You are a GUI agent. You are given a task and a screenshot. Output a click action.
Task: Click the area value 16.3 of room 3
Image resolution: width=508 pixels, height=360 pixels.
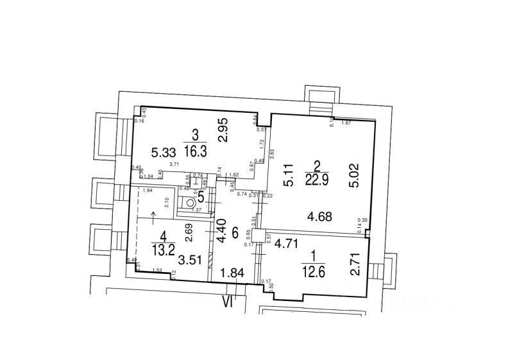click(x=194, y=153)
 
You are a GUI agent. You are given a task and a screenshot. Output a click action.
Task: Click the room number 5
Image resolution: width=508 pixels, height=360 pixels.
click(x=202, y=197)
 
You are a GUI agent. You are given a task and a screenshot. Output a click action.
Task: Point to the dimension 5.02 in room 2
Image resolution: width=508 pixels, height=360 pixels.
click(x=347, y=173)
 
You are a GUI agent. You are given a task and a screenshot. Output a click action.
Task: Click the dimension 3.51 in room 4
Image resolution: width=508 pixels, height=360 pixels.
click(x=189, y=260)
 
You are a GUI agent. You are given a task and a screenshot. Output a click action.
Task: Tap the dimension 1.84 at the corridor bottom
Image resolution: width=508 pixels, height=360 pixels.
click(x=231, y=274)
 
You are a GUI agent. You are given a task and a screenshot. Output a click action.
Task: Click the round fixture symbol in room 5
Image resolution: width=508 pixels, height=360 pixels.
click(x=190, y=202)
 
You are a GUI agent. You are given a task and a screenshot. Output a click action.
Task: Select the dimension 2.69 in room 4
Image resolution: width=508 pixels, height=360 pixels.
click(x=189, y=232)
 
